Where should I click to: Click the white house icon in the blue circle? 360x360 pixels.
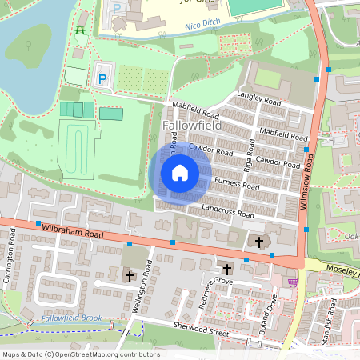pyautogui.click(x=180, y=172)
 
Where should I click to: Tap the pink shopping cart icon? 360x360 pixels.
pyautogui.click(x=293, y=281)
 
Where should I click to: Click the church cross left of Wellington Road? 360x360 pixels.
pyautogui.click(x=130, y=275)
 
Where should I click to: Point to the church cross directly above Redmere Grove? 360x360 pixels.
pyautogui.click(x=226, y=269)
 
